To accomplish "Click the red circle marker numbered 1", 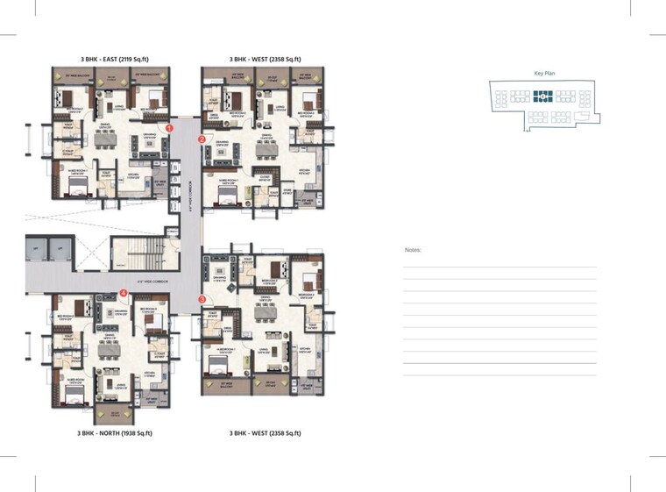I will (170, 128).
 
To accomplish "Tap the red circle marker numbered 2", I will (202, 139).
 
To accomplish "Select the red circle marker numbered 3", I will (202, 299).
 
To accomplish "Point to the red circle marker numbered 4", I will (124, 293).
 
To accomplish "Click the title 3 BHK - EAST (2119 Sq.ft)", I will (114, 60).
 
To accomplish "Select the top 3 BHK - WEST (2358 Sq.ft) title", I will (265, 60).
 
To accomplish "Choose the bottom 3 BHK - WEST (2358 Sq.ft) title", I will (265, 433).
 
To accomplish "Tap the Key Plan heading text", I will (544, 74).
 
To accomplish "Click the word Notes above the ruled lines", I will (413, 250).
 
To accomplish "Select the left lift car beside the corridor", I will (37, 249).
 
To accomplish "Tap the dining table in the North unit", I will (108, 349).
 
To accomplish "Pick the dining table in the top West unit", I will (266, 150).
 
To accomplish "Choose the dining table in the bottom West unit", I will (265, 312).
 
